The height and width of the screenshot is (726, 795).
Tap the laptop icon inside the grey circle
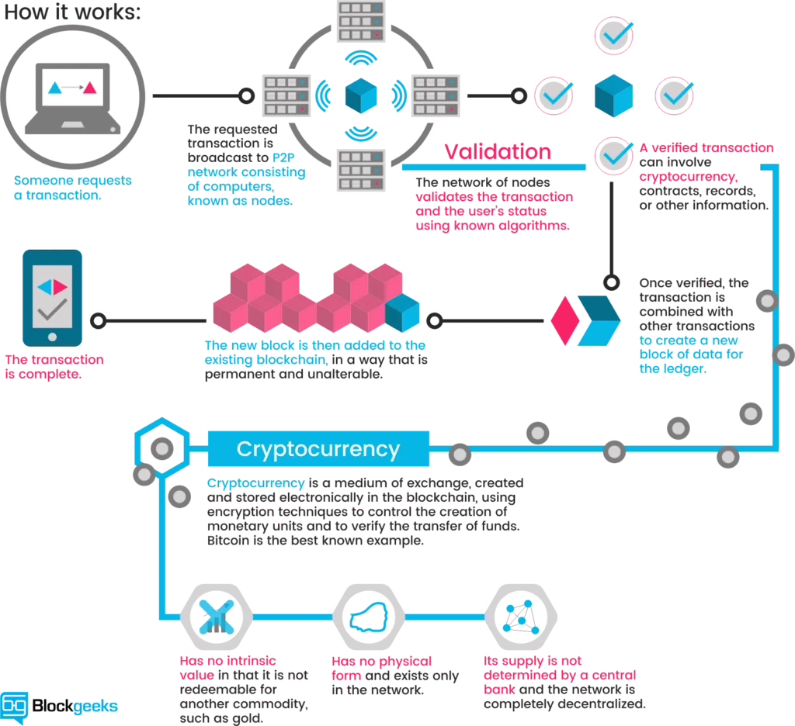coord(73,99)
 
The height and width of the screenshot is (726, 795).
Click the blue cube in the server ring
coord(361,95)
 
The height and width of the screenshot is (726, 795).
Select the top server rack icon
coord(361,21)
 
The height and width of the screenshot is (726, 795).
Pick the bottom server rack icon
coord(361,170)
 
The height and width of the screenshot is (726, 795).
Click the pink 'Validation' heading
coord(498,151)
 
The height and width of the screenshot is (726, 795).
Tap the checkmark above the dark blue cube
coord(614,36)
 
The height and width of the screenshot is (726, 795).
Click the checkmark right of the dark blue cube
coord(675,95)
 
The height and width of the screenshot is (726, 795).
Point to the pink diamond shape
coord(565,320)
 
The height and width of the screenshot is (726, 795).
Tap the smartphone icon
coord(52,298)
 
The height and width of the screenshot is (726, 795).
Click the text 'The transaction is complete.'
coord(54,367)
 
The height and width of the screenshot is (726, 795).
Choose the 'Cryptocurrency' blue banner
coord(318,448)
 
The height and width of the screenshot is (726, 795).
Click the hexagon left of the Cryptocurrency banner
coord(161,446)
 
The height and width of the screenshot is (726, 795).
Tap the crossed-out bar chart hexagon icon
coord(217,617)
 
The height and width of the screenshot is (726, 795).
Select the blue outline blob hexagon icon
coord(369,617)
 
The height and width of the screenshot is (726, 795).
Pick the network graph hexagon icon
coord(521,617)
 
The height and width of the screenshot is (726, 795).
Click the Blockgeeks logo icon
coord(14,707)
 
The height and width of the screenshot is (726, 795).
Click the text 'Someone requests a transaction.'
coord(72,188)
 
